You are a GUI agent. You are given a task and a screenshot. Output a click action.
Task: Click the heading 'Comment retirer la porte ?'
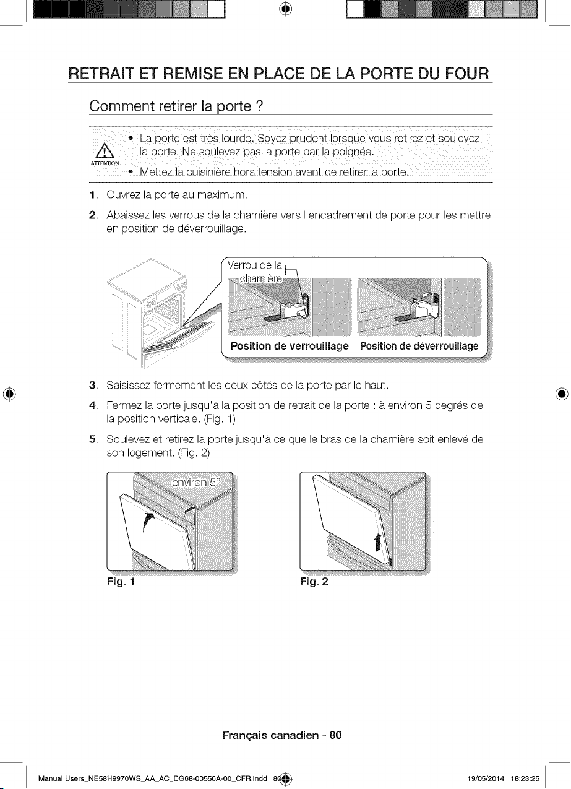[x=176, y=106]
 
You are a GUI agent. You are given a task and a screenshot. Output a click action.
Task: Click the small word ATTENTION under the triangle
[x=105, y=163]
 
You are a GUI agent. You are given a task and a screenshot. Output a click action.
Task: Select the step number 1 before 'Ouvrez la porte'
[x=93, y=195]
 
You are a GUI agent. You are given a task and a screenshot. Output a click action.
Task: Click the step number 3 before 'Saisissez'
[x=93, y=386]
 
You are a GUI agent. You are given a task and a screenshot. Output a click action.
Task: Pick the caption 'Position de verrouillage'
[x=290, y=346]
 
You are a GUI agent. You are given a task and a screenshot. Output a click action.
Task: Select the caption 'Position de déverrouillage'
[x=419, y=346]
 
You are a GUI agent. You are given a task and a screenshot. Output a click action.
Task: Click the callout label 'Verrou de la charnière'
[x=255, y=272]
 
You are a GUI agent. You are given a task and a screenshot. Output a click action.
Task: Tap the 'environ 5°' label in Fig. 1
[x=195, y=482]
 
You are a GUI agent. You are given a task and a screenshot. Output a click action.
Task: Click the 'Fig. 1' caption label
[x=121, y=582]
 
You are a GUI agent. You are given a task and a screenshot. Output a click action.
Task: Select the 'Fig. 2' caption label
[x=314, y=582]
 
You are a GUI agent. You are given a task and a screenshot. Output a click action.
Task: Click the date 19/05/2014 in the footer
[x=485, y=778]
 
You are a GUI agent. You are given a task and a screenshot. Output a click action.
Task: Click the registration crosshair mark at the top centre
[x=286, y=9]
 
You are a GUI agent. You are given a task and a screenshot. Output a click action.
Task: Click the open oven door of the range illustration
[x=179, y=337]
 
